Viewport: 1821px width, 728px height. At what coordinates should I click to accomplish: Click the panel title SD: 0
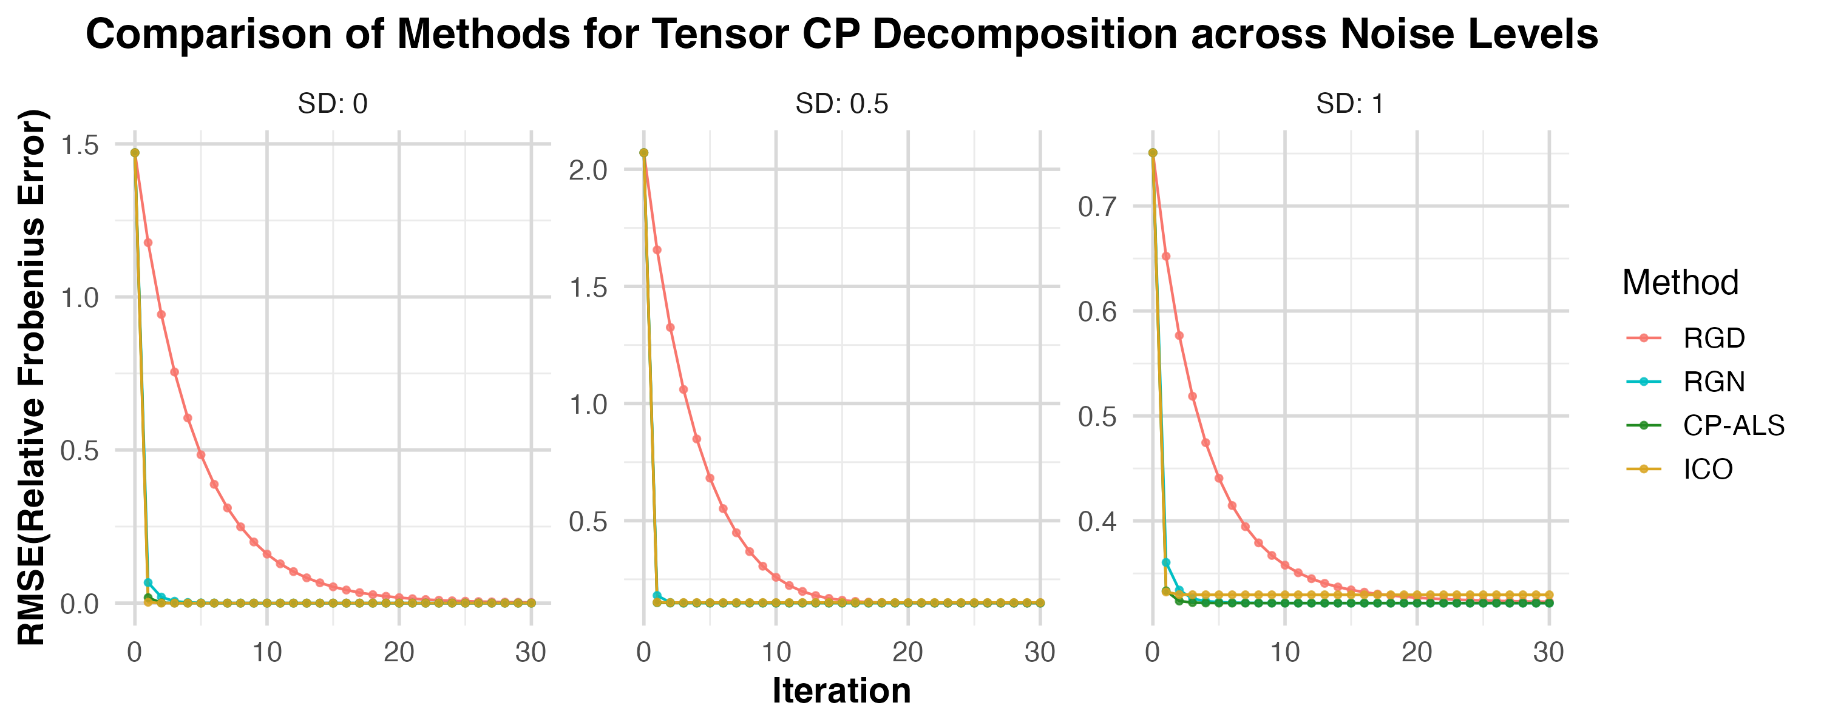332,104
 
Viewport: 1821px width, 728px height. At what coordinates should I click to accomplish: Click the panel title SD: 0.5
841,104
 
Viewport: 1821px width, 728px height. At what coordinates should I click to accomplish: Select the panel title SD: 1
1349,104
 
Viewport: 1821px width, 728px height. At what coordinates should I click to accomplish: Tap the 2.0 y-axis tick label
588,170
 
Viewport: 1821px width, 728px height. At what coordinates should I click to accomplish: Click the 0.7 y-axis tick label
1097,207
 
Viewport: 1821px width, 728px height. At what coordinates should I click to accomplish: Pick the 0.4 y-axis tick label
1097,522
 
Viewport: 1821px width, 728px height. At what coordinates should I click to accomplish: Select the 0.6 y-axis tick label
1097,312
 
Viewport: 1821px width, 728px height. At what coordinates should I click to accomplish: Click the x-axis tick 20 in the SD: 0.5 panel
907,652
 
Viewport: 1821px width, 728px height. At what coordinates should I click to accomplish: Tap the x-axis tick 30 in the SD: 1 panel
1548,652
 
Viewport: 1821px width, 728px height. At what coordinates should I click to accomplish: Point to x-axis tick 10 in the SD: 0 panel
267,652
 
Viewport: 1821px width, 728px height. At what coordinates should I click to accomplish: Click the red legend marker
1644,338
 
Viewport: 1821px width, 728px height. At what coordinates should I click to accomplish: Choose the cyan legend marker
1644,382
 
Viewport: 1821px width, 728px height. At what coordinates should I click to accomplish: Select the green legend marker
1644,425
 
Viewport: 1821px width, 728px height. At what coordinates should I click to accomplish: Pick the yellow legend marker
1644,468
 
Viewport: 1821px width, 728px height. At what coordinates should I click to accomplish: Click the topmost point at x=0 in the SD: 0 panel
134,153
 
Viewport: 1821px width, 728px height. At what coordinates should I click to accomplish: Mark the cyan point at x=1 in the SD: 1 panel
1165,562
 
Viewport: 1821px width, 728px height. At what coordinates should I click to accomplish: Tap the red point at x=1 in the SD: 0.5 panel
657,250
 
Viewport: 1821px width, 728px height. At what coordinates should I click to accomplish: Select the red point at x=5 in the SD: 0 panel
201,455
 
